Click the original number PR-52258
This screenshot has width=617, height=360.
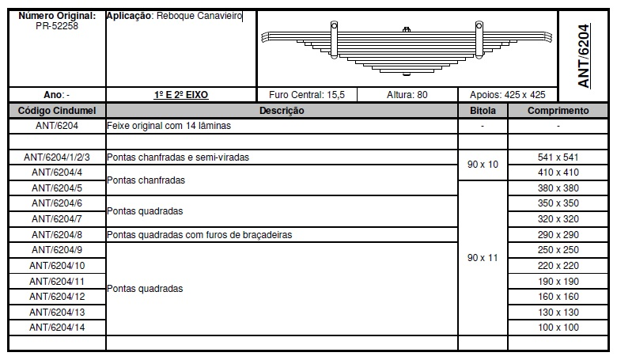coord(57,26)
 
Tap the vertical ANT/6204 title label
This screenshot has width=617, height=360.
coord(584,55)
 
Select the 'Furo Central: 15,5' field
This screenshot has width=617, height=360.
coord(307,95)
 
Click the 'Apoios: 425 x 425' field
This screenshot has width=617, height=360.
coord(508,95)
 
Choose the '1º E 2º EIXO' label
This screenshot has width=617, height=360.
coord(181,95)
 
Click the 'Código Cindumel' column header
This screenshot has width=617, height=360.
coord(57,111)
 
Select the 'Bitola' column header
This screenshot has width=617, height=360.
coord(482,111)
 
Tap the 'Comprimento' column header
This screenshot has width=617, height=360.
coord(558,111)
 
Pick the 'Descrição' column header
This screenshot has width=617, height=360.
coord(282,111)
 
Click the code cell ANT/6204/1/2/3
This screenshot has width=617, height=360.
coord(57,157)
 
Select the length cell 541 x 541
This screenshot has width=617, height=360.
coord(558,157)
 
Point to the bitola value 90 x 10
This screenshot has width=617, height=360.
coord(482,165)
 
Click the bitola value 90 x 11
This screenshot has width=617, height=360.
coord(482,258)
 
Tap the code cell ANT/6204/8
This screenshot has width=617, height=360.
coord(57,235)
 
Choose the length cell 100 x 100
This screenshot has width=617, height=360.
coord(558,328)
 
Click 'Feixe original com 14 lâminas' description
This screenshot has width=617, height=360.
coord(163,127)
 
